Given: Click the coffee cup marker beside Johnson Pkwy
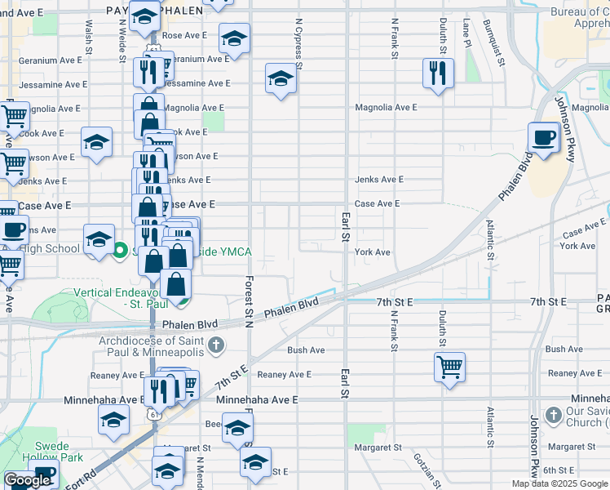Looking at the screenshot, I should (543, 136).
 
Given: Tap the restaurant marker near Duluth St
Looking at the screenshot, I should (438, 73).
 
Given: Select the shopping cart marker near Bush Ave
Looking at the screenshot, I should (449, 366).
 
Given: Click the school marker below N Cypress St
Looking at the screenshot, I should (281, 80).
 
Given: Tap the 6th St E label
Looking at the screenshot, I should (560, 470).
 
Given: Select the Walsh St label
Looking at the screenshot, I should (88, 33).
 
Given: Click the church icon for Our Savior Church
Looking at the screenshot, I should (552, 414).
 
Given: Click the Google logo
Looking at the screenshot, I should (27, 480).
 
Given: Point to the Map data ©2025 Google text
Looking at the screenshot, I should (559, 483).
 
